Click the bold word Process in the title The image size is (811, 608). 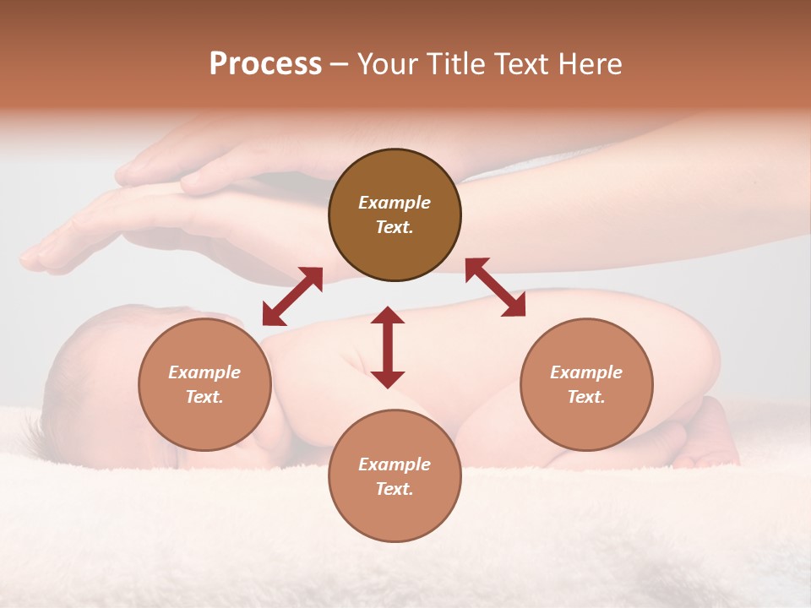point(265,64)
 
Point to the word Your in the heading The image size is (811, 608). point(389,64)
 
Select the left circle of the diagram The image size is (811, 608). point(204,384)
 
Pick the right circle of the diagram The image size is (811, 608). point(586,384)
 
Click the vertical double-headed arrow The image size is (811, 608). point(388,347)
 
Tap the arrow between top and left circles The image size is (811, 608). point(292,296)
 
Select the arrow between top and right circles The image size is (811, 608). point(496,287)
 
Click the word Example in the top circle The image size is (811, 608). point(395,203)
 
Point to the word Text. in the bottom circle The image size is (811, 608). point(395,489)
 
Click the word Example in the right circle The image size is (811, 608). point(586,372)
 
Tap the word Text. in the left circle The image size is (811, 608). point(204,397)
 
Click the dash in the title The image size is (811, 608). point(340,65)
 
